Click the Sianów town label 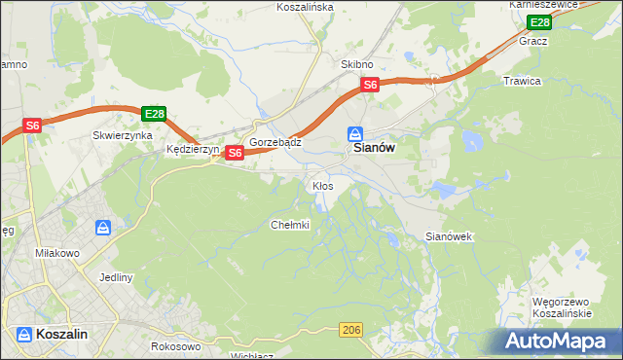tap(371, 151)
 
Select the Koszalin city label tap(61, 334)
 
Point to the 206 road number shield tap(352, 331)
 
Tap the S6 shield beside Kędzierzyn tap(234, 153)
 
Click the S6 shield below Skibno tap(370, 86)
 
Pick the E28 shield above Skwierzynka tap(154, 114)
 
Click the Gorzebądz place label tap(275, 142)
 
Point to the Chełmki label tap(289, 225)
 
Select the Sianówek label tap(449, 236)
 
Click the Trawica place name tap(522, 81)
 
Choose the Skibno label tap(356, 63)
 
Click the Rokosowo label tap(175, 345)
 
